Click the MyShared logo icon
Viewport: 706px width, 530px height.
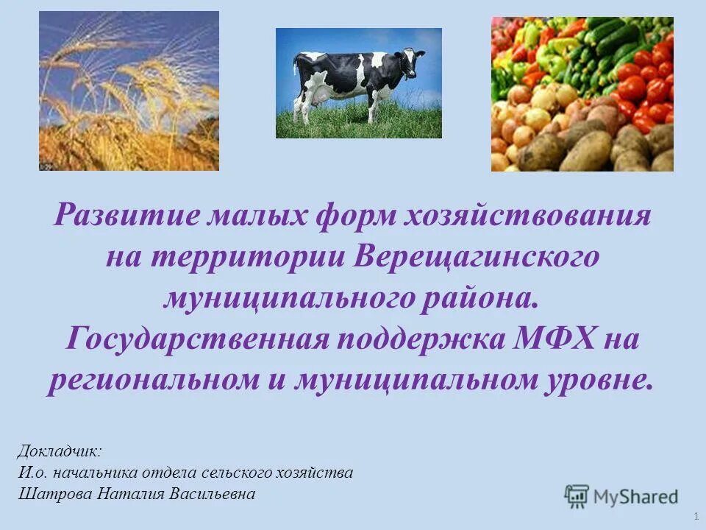(577, 496)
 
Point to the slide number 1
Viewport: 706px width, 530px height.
(695, 512)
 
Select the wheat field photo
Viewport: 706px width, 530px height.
(129, 91)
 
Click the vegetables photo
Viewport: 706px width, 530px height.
(582, 94)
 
